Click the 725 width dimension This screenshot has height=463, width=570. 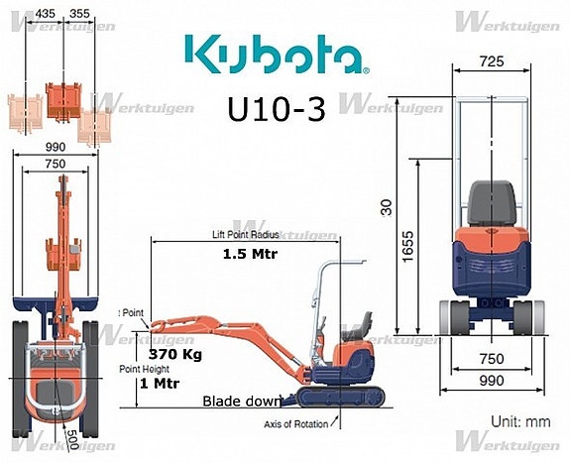pos(491,61)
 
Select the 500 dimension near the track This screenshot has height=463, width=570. pos(72,436)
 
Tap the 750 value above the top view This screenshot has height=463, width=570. pos(56,164)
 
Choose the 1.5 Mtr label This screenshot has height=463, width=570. pos(249,253)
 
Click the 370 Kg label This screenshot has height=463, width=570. pos(174,353)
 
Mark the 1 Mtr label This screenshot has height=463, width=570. pos(159,384)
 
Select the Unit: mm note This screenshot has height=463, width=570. pos(519,421)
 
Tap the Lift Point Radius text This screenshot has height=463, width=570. pos(245,234)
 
